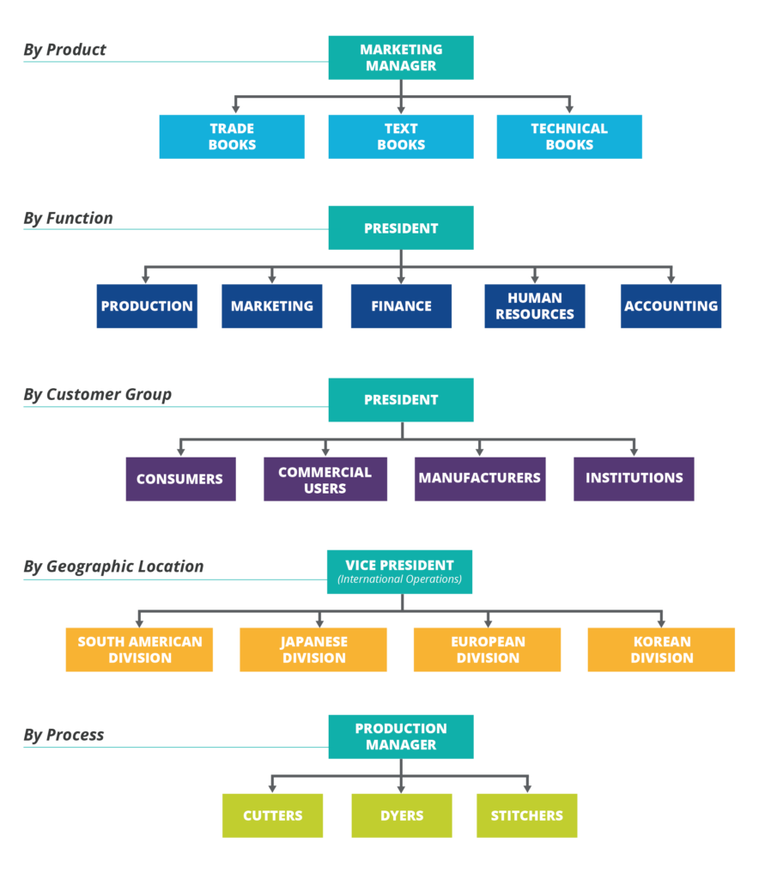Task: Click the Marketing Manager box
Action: tap(400, 58)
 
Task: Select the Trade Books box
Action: tap(232, 136)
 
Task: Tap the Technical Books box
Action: tap(568, 136)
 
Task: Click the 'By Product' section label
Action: tap(64, 50)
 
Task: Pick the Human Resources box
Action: tap(534, 306)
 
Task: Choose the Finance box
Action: tap(401, 306)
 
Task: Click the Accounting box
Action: tap(671, 306)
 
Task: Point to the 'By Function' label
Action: tap(68, 218)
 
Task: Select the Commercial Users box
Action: tap(325, 479)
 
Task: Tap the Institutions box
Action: tap(634, 478)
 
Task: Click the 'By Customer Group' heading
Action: tap(97, 395)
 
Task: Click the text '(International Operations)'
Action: tap(399, 579)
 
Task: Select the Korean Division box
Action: tap(661, 649)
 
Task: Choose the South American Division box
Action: tap(139, 649)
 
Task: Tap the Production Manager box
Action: tap(400, 737)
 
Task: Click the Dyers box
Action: tap(401, 815)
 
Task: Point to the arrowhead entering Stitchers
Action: tap(526, 787)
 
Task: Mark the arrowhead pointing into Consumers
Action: tap(180, 451)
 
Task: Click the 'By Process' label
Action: tap(64, 735)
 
